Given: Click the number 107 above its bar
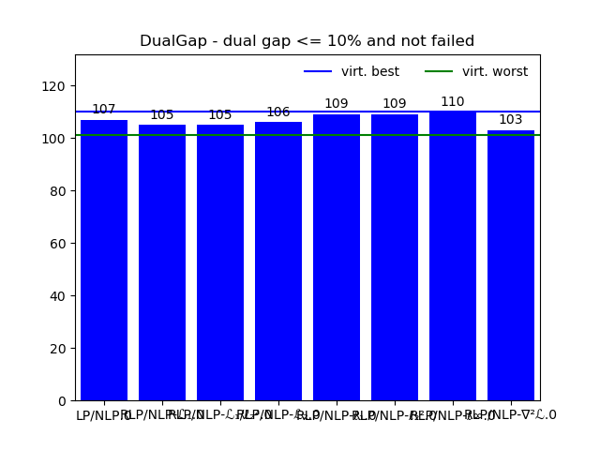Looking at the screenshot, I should click(104, 110).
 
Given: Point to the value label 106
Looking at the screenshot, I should click(278, 112).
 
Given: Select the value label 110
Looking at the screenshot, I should click(453, 102).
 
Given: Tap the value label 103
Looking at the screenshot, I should click(511, 120).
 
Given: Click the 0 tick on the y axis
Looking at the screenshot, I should click(62, 400).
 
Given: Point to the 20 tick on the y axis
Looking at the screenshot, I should click(58, 348).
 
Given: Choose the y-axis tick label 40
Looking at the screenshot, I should click(58, 295).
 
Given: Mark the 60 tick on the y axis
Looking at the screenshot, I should click(58, 243).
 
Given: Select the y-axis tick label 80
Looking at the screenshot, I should click(58, 190).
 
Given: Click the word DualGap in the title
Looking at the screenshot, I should click(172, 41).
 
